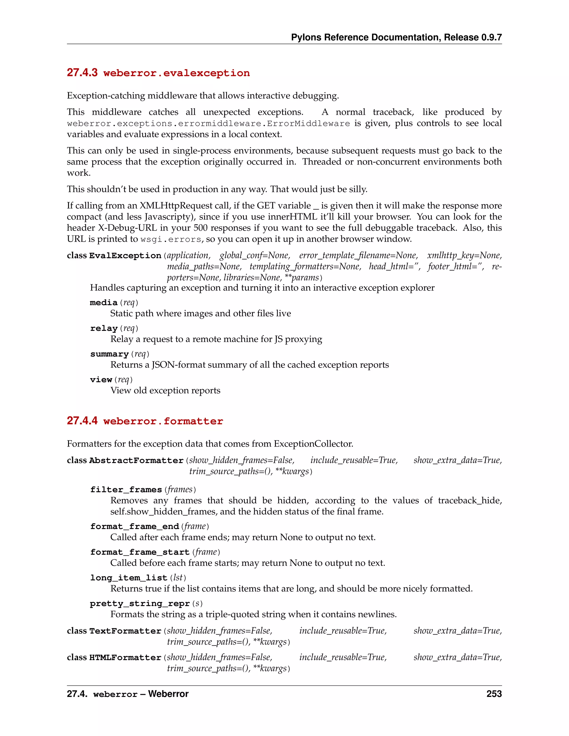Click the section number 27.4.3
82,72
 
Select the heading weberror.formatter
163,421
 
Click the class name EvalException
125,256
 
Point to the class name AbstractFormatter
136,461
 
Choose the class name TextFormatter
125,631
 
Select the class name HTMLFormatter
125,657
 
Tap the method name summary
109,354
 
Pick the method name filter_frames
126,490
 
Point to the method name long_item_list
128,578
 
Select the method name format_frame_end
134,526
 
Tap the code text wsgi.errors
171,240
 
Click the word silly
358,189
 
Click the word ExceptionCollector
313,444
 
